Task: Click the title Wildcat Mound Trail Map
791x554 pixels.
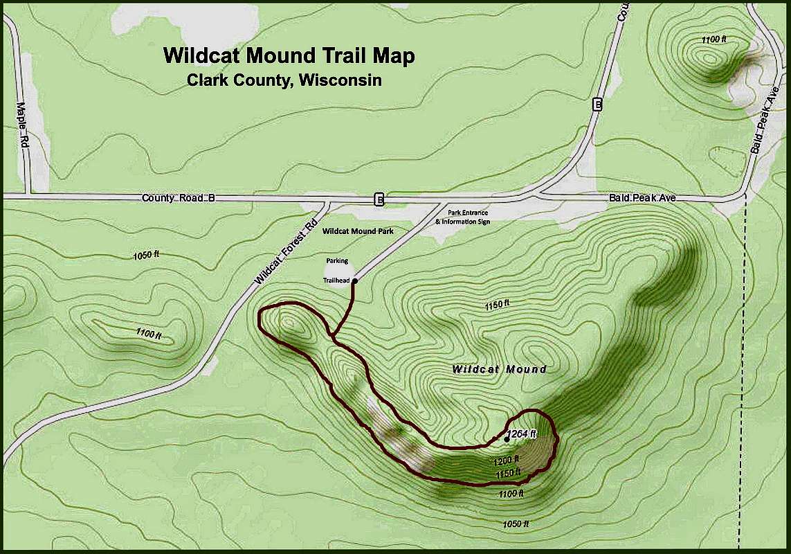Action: [x=289, y=55]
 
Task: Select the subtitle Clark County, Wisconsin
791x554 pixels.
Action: [x=284, y=80]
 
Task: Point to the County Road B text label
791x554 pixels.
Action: [x=179, y=198]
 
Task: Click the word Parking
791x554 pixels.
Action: [x=337, y=261]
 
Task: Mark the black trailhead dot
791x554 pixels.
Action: [x=354, y=280]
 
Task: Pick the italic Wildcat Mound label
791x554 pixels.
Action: [x=499, y=369]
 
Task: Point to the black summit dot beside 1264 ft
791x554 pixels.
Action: [x=507, y=438]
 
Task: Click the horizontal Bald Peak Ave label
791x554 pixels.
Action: [x=642, y=198]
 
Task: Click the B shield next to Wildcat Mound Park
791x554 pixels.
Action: [x=379, y=199]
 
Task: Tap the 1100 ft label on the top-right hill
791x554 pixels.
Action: [x=713, y=40]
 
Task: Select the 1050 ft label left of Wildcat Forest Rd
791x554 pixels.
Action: [x=146, y=256]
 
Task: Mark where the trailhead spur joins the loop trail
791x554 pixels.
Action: [x=333, y=337]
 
